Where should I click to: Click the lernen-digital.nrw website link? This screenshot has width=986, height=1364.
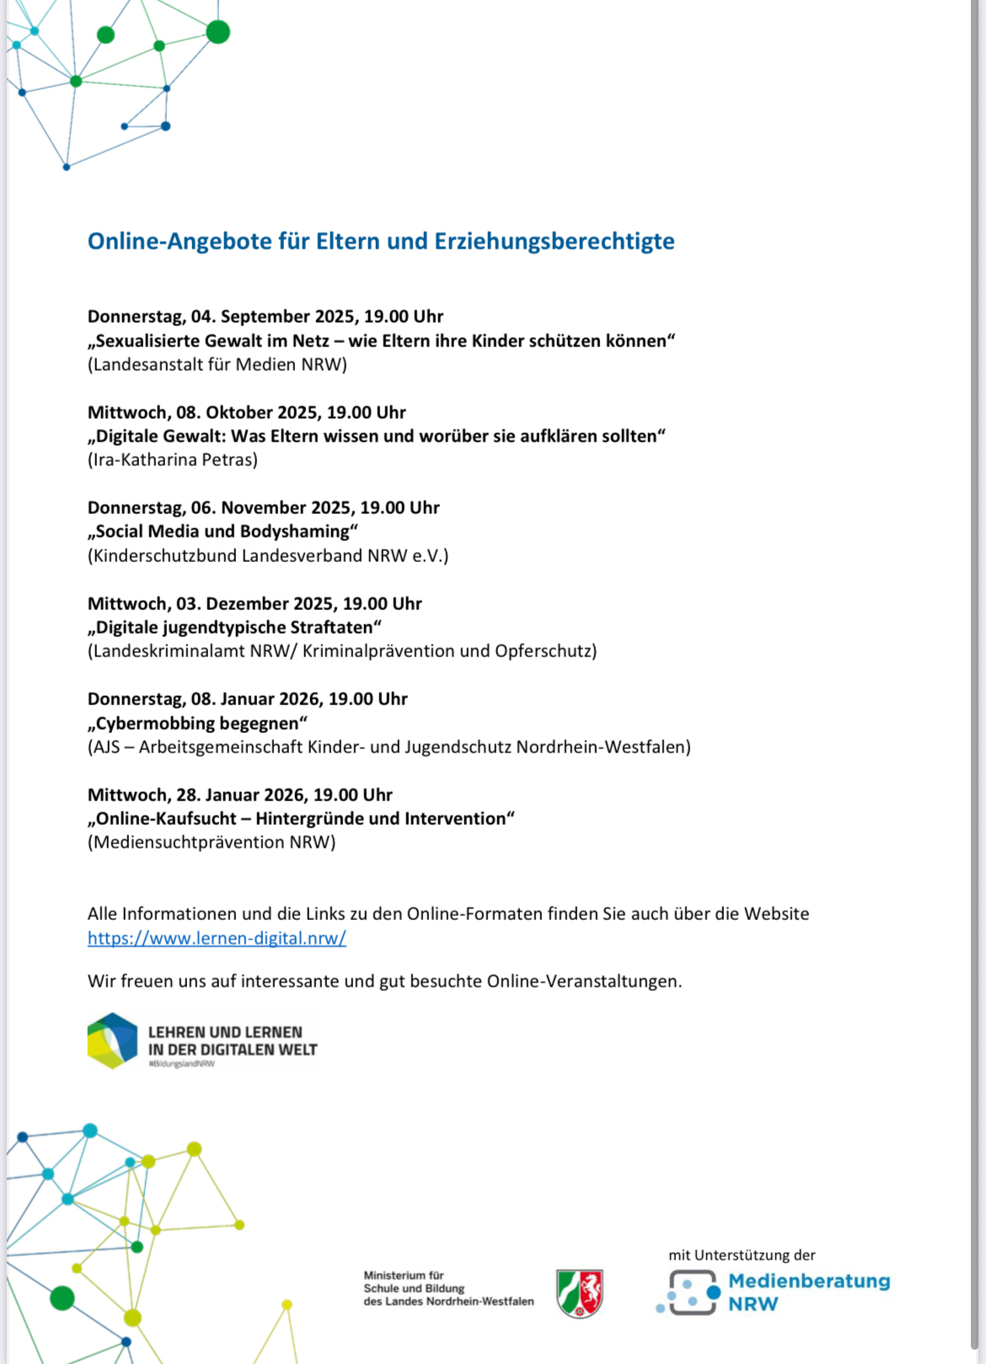[x=217, y=938]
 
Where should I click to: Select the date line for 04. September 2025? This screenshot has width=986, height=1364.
[x=265, y=317]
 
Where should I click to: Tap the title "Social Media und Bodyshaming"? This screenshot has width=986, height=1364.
[x=223, y=532]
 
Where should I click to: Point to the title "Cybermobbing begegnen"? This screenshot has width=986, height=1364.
[x=198, y=723]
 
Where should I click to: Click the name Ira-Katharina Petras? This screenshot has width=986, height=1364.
[x=173, y=460]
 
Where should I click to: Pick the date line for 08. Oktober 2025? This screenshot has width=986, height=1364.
[x=247, y=413]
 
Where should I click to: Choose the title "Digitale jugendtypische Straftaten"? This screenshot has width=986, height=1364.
[x=235, y=628]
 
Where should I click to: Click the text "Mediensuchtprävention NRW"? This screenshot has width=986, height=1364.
[x=212, y=842]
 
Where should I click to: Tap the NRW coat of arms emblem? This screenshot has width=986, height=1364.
[x=580, y=1293]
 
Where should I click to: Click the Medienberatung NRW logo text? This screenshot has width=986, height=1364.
[x=808, y=1292]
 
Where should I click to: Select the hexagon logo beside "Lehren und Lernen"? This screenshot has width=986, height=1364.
[x=112, y=1040]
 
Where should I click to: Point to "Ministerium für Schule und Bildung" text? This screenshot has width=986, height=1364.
[x=448, y=1288]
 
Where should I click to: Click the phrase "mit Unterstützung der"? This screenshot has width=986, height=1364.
[x=742, y=1255]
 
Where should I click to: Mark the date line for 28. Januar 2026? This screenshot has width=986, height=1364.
[x=240, y=795]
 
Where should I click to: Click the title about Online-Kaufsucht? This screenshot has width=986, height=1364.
[x=301, y=819]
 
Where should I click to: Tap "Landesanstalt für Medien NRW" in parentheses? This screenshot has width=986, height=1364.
[x=217, y=365]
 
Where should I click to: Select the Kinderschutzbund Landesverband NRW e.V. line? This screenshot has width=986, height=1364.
[x=268, y=556]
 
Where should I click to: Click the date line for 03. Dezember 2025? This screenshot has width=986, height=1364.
[x=255, y=604]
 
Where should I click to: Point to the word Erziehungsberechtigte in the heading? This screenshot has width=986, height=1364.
[x=555, y=241]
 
